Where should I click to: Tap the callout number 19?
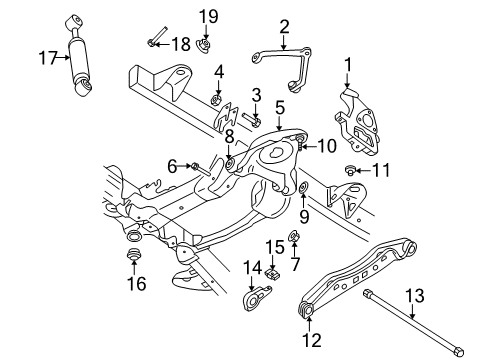click(x=207, y=15)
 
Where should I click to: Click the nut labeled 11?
click(x=352, y=171)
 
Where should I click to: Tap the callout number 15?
click(x=274, y=246)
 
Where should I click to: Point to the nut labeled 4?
click(x=217, y=98)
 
